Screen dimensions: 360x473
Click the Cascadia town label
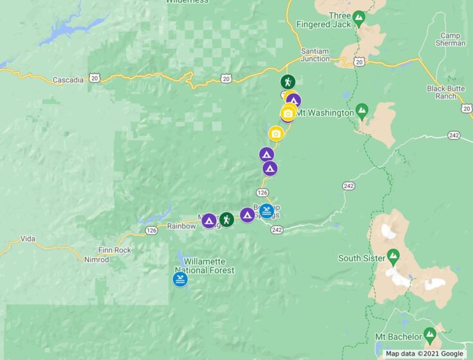tap(68, 80)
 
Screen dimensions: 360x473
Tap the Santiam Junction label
tap(315, 55)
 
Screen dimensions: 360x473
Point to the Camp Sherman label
tap(451, 39)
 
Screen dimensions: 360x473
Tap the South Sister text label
tap(362, 258)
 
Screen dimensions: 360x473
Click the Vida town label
tap(28, 238)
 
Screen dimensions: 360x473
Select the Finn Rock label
tap(115, 250)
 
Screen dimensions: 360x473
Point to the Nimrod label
tap(97, 260)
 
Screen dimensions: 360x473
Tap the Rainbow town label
tap(181, 226)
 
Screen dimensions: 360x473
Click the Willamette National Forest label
tap(204, 266)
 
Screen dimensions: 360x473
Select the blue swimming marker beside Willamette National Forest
tap(180, 279)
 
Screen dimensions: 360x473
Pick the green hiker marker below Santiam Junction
tap(288, 82)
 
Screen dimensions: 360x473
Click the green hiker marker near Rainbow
tap(227, 220)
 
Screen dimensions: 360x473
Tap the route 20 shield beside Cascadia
tap(95, 77)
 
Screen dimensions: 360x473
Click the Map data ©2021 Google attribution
tap(424, 354)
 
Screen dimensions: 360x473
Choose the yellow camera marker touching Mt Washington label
tap(288, 114)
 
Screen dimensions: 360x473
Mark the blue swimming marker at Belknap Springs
tap(266, 211)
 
